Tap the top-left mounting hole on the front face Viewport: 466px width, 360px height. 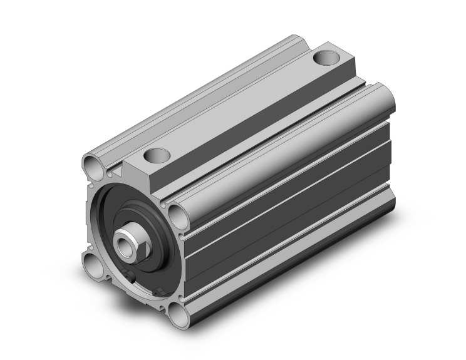(x=93, y=167)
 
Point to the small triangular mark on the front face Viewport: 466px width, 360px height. (x=116, y=170)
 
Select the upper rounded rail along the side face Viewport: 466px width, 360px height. (x=282, y=150)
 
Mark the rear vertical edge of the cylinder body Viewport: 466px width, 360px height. (x=394, y=157)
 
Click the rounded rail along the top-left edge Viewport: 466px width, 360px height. (x=188, y=100)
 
